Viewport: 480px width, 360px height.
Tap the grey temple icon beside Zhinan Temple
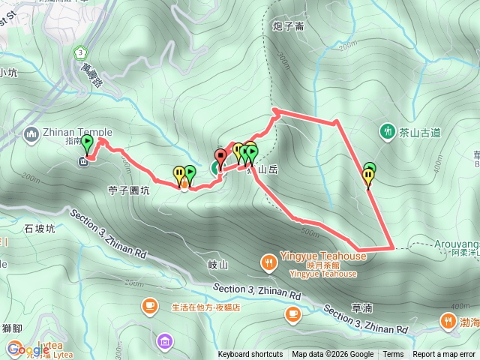tap(31, 135)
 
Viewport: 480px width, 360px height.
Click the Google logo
tap(28, 349)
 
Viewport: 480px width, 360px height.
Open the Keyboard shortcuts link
tap(250, 355)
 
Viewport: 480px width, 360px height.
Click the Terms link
tap(393, 355)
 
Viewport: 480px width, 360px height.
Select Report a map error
tap(445, 355)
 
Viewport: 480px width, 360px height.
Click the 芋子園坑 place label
tap(130, 190)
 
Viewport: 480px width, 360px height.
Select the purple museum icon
tap(164, 342)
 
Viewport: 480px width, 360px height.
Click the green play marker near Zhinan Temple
tap(88, 142)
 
